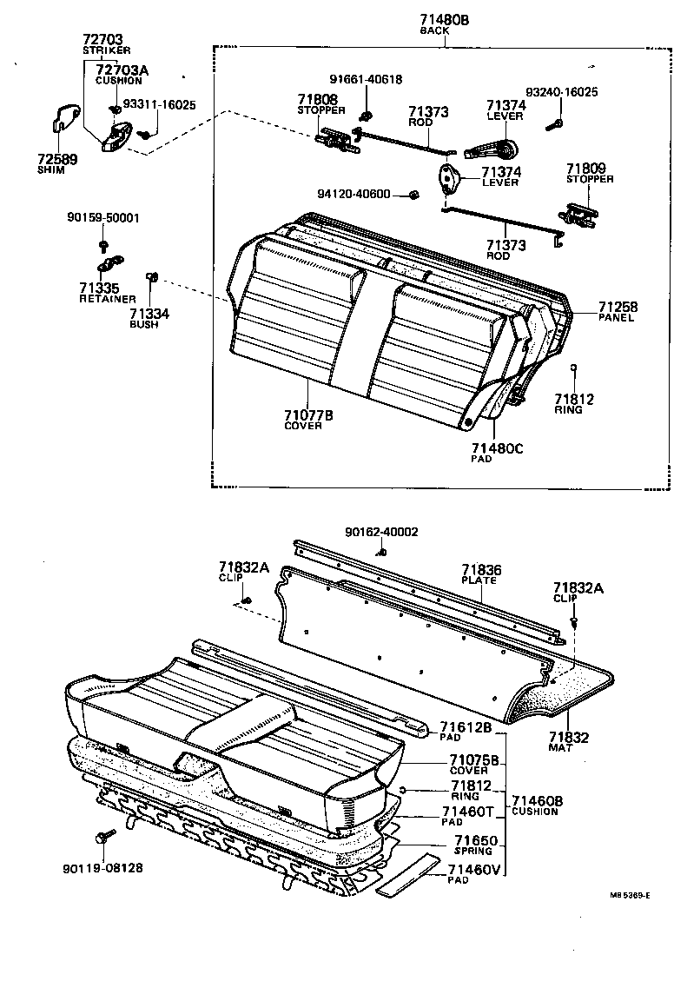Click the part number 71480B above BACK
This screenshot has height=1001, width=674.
tap(444, 19)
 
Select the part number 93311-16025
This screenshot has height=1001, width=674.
tap(159, 104)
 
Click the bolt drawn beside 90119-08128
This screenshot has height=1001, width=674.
tap(100, 837)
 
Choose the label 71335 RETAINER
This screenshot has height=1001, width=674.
tap(97, 292)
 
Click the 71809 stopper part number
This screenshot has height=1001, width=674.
tap(586, 169)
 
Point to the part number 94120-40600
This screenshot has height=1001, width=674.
tap(366, 195)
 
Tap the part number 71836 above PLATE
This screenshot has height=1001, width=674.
tap(481, 569)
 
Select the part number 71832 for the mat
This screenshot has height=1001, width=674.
tap(568, 737)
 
